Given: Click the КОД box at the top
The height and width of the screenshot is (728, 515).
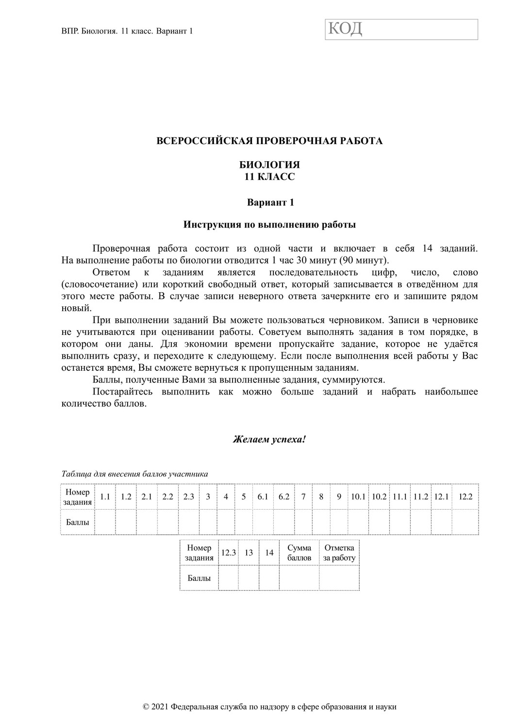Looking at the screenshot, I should (x=401, y=29).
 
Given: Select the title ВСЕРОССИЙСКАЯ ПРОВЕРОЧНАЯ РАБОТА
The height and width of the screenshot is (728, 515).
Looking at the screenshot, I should (x=270, y=141).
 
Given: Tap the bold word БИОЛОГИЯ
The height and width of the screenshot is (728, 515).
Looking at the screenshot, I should (x=270, y=165).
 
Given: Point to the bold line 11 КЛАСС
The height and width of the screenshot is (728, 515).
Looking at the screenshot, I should (x=270, y=177).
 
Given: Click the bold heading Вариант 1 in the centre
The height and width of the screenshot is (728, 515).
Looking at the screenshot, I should (x=270, y=202).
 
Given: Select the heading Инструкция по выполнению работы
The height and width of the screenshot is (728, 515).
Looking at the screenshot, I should (x=270, y=225).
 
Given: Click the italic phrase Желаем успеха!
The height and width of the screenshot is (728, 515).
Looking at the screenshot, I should (x=269, y=440).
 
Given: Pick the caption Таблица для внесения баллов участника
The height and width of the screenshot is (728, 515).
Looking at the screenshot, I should (x=134, y=474).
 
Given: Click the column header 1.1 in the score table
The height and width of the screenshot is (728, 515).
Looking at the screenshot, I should (x=105, y=496).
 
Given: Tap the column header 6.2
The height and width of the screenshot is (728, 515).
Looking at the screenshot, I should (x=284, y=496).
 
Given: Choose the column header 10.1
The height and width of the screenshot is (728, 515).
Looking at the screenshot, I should (x=358, y=496).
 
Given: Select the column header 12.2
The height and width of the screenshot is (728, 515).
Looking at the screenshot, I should (x=465, y=496).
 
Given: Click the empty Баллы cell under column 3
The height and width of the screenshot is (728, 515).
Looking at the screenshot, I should (x=208, y=522).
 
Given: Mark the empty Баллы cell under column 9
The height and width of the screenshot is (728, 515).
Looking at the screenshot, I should (x=339, y=522).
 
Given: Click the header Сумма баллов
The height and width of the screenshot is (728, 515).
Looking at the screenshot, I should (x=299, y=553).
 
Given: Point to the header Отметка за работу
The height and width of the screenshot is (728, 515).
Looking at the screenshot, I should (x=339, y=553).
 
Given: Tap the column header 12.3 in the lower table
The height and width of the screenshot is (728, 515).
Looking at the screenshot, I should (x=229, y=553).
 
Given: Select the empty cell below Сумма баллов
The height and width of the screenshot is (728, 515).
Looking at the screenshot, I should (x=299, y=578).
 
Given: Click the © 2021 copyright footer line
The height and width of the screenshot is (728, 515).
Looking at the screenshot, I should (x=270, y=707).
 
